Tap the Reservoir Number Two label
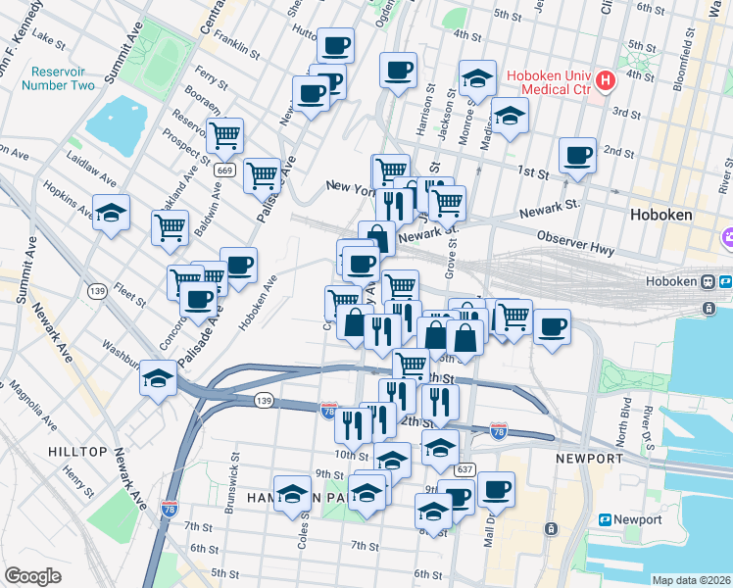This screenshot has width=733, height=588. pos(63,78)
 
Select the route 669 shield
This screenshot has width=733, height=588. pos(225,171)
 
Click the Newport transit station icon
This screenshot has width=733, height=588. pos(605,519)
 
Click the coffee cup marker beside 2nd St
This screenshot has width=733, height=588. pos(577,155)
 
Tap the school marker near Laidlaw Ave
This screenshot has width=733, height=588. pos(112,212)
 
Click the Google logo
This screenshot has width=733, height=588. pos(32,576)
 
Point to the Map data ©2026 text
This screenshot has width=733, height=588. pos(691,580)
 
